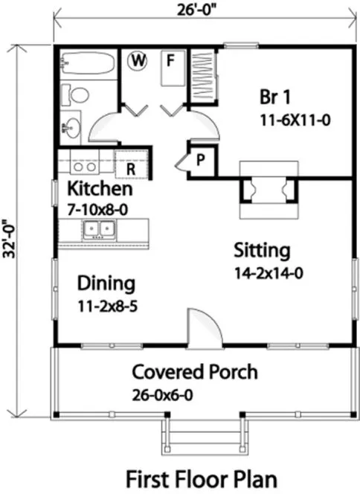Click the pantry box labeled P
tap(201, 158)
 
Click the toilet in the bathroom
tap(75, 95)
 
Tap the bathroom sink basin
tap(71, 127)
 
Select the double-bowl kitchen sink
tap(98, 228)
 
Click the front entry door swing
tap(203, 327)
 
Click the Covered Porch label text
tap(195, 371)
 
